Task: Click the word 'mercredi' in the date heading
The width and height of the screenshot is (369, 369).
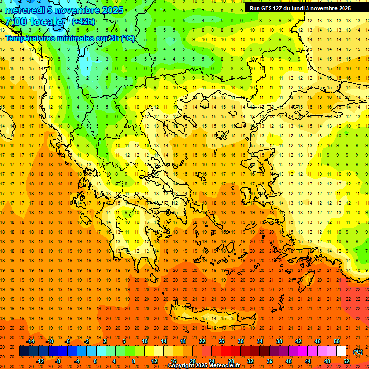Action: [x=25, y=10]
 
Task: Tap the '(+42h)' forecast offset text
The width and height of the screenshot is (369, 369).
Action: [x=83, y=22]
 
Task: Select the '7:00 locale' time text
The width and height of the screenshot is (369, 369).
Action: [x=34, y=22]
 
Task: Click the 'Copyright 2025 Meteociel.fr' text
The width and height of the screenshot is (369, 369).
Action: [x=204, y=366]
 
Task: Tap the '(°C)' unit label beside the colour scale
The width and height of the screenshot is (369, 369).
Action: [x=357, y=352]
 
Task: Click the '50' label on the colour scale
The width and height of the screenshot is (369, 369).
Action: [x=337, y=341]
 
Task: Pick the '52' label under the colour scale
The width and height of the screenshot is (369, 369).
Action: [x=346, y=361]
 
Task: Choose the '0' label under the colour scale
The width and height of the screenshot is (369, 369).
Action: [x=95, y=361]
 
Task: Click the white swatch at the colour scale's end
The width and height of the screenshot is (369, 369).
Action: [x=342, y=351]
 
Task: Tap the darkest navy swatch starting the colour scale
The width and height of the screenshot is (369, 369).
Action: [x=24, y=351]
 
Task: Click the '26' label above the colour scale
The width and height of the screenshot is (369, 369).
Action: [x=221, y=341]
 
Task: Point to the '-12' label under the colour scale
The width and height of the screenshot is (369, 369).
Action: [x=40, y=361]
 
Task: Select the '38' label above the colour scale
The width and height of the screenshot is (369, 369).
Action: [x=279, y=341]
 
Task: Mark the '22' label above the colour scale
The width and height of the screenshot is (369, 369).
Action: [x=202, y=341]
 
